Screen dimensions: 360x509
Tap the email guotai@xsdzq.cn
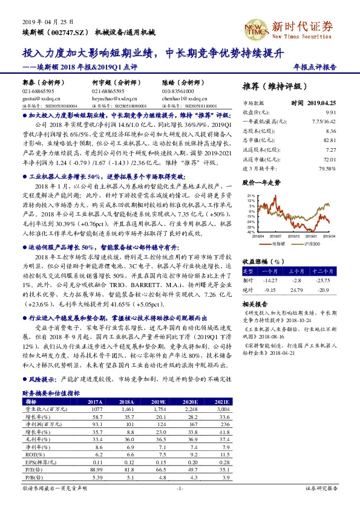(42, 97)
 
